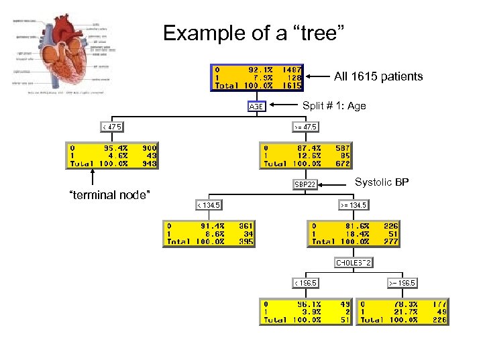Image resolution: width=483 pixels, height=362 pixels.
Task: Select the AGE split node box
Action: pyautogui.click(x=257, y=107)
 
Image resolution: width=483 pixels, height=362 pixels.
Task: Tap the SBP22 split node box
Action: pyautogui.click(x=305, y=184)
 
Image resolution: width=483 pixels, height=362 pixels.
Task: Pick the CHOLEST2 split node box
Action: pyautogui.click(x=354, y=262)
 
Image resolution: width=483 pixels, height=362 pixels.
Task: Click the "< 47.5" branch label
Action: pyautogui.click(x=112, y=126)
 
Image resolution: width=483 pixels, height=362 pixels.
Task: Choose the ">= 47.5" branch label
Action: pyautogui.click(x=305, y=126)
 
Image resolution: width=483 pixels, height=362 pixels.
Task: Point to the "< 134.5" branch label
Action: pyautogui.click(x=209, y=204)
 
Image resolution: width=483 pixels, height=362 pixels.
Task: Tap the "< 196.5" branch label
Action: pyautogui.click(x=305, y=282)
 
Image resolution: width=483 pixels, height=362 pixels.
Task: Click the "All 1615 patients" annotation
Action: pyautogui.click(x=378, y=76)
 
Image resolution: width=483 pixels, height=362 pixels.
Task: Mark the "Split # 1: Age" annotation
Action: pyautogui.click(x=334, y=106)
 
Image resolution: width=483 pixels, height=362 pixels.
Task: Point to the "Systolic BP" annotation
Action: pyautogui.click(x=382, y=182)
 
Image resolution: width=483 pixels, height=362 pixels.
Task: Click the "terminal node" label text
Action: pyautogui.click(x=105, y=194)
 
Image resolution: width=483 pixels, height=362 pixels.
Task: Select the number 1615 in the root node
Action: pyautogui.click(x=291, y=86)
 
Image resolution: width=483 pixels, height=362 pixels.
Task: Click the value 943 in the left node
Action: pyautogui.click(x=149, y=163)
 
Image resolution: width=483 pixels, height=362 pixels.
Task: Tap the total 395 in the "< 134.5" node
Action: pyautogui.click(x=246, y=241)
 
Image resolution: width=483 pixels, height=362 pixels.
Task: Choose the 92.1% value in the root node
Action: pyautogui.click(x=261, y=68)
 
